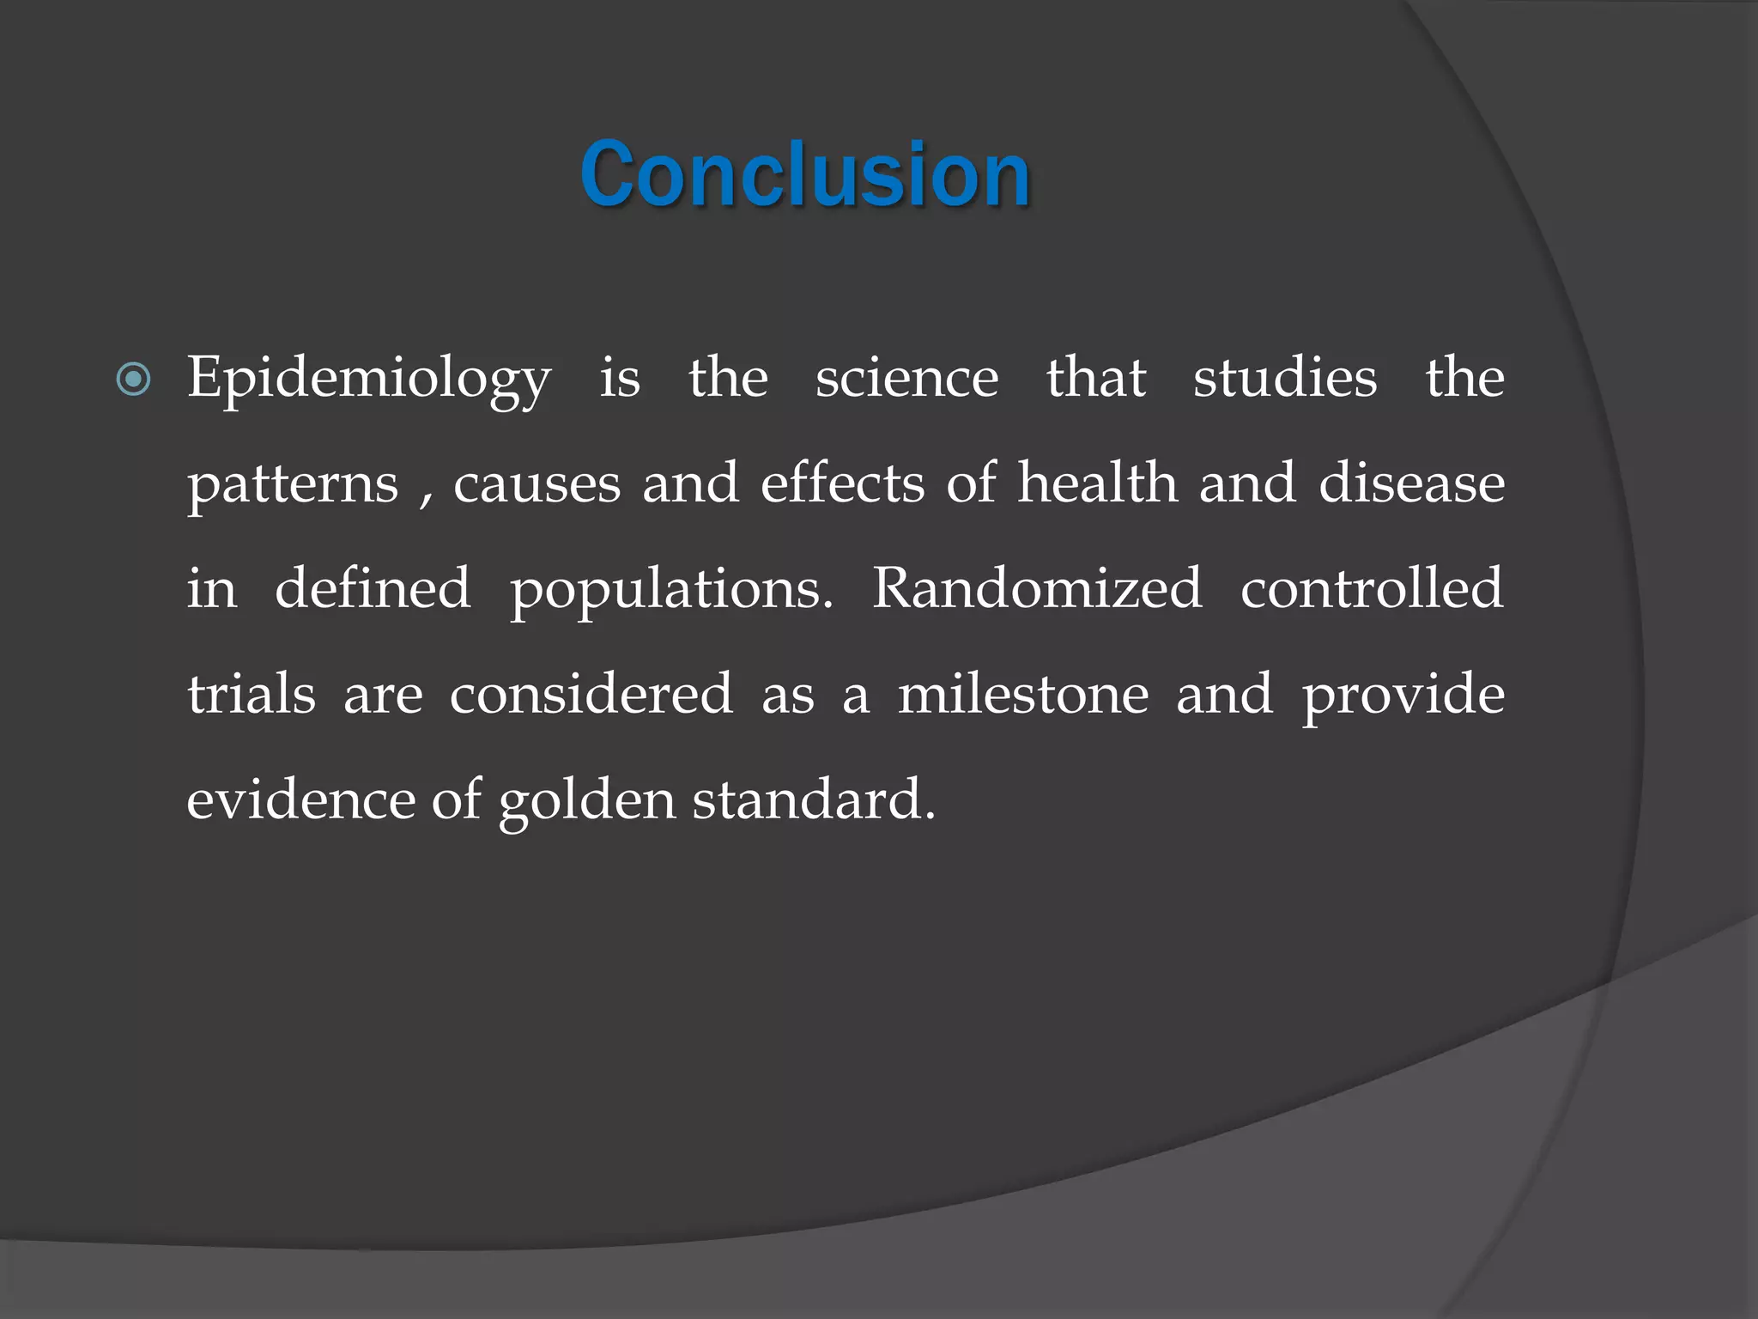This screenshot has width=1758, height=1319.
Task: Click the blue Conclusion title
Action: pyautogui.click(x=804, y=175)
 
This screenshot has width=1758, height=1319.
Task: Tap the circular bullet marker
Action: pyautogui.click(x=133, y=379)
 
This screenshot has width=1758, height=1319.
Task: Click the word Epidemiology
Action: pyautogui.click(x=369, y=380)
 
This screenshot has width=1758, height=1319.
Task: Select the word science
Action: pyautogui.click(x=906, y=378)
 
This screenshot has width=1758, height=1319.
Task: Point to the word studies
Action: pyautogui.click(x=1285, y=378)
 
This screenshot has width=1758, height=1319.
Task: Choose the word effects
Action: pyautogui.click(x=842, y=483)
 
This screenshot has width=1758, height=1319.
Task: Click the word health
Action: pyautogui.click(x=1097, y=483)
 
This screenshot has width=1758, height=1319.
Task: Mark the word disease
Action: pyautogui.click(x=1411, y=483)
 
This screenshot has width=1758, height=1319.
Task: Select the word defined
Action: pyautogui.click(x=373, y=589)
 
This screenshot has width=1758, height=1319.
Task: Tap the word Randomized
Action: pyautogui.click(x=1036, y=589)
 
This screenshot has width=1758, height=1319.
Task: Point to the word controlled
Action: pyautogui.click(x=1372, y=589)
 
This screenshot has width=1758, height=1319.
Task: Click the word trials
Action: pyautogui.click(x=252, y=695)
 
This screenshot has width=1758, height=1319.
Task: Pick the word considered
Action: pyautogui.click(x=591, y=695)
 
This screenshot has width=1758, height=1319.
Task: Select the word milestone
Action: pyautogui.click(x=1023, y=695)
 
